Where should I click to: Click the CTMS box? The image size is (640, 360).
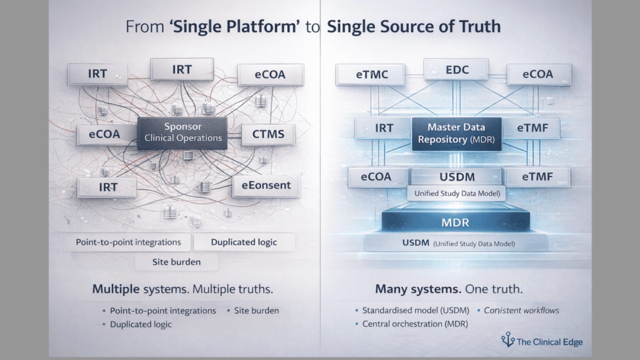(268, 134)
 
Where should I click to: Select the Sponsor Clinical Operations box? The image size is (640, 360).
(183, 133)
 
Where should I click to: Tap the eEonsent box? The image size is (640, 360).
(266, 185)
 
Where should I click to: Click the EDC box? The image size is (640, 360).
(457, 70)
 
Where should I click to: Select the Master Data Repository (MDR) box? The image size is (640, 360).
(456, 133)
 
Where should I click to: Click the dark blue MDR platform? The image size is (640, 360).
(455, 222)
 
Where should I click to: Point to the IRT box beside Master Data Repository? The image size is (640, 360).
(384, 128)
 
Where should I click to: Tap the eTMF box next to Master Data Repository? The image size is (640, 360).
(532, 128)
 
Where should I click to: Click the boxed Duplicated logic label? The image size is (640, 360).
(244, 242)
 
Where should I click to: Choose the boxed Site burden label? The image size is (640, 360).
(176, 262)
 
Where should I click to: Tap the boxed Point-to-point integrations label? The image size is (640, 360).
(128, 242)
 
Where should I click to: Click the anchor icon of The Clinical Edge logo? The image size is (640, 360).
(508, 340)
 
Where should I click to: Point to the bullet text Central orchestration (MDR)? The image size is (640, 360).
(415, 324)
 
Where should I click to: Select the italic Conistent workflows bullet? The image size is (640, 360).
(521, 310)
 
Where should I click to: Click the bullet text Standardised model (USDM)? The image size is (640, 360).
(415, 310)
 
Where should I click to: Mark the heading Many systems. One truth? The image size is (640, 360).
(449, 289)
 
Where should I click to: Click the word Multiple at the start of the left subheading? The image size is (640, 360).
(116, 289)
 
